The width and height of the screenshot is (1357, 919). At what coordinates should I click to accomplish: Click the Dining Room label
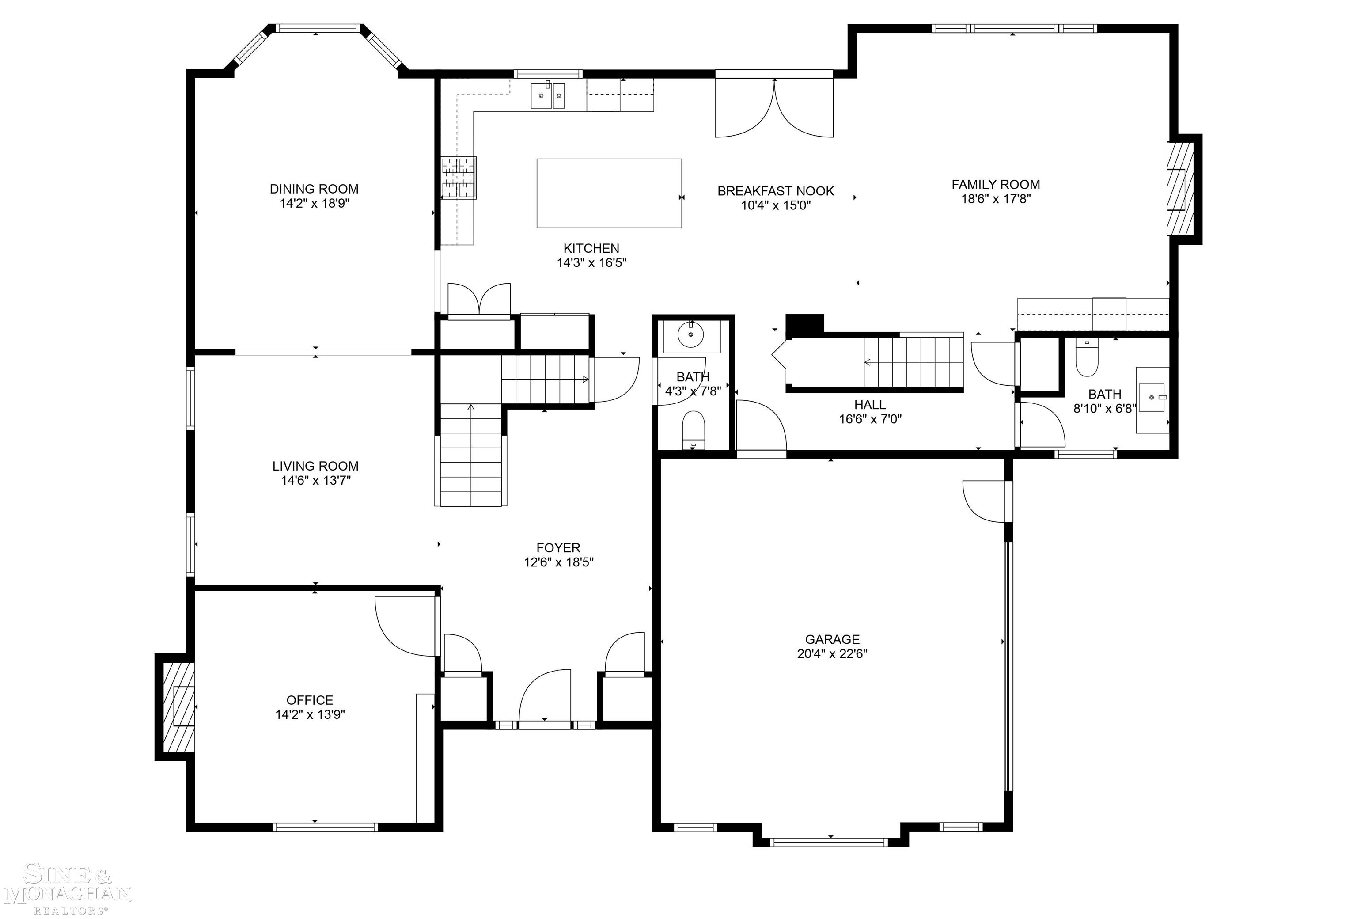[314, 189]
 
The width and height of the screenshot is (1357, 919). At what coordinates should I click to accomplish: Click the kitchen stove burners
[459, 178]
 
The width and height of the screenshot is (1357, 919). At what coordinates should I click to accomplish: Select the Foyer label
[558, 548]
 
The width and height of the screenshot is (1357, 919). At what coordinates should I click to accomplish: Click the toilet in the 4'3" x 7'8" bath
[693, 429]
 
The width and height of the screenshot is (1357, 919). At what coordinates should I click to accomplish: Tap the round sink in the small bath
[691, 334]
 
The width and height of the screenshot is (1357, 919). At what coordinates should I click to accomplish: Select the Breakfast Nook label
[775, 191]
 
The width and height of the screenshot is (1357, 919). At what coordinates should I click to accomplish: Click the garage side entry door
[986, 501]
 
